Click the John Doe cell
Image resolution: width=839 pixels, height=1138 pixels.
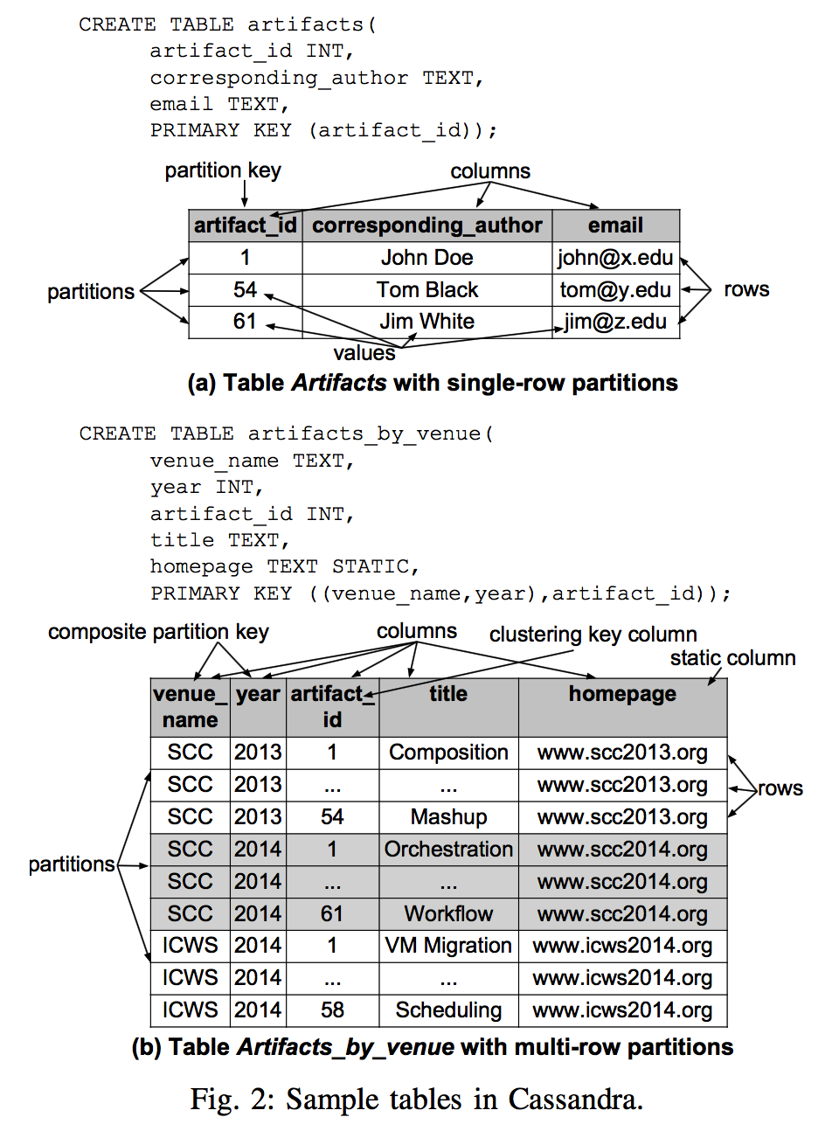click(426, 258)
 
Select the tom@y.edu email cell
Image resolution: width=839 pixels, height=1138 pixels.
click(615, 290)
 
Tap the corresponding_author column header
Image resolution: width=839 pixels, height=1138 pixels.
click(426, 226)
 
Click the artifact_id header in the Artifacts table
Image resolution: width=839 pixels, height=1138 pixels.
click(246, 226)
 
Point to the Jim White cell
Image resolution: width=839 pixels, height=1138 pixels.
click(426, 322)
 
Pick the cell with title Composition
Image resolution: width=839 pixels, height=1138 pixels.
click(448, 753)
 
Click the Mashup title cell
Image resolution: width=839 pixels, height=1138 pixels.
click(448, 817)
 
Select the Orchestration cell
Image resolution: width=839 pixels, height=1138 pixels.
click(448, 850)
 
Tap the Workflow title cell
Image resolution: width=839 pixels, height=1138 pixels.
click(448, 914)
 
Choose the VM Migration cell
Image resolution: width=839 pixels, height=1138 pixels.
click(448, 946)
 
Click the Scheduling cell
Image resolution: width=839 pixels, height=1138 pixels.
click(448, 1010)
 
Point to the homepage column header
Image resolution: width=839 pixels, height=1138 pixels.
click(622, 694)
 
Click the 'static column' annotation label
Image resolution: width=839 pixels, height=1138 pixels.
click(732, 658)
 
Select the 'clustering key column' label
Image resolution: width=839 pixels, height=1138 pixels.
click(593, 635)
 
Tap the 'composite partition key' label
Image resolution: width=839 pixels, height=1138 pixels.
click(158, 632)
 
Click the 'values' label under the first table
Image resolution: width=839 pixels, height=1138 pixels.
click(364, 353)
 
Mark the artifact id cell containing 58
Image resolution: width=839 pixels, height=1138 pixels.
click(332, 1010)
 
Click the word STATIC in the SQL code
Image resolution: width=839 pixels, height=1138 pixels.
click(371, 567)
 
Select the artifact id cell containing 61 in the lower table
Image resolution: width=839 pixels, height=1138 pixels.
click(332, 914)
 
